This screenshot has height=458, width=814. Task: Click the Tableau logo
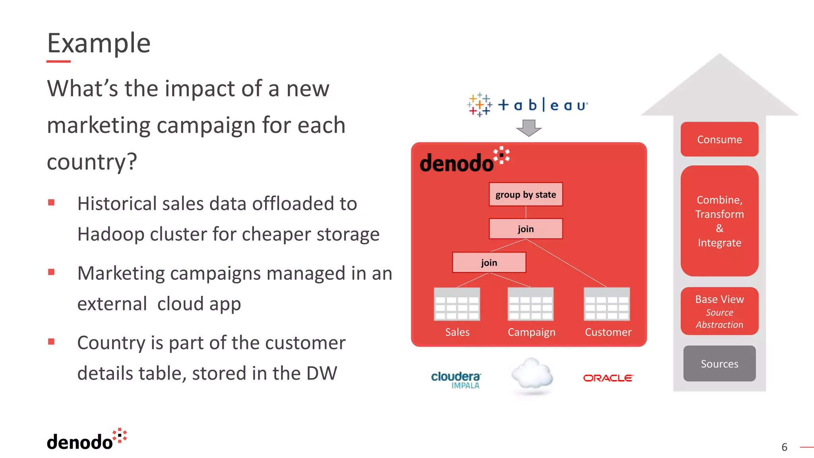(x=527, y=105)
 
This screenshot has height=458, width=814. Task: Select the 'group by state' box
(x=525, y=194)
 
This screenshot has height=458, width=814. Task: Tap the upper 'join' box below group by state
(x=525, y=229)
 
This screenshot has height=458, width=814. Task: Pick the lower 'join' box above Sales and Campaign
(x=489, y=262)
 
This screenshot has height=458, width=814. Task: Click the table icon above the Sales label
(x=457, y=304)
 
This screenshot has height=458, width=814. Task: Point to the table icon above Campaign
(x=531, y=304)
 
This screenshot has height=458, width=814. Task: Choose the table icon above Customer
(x=607, y=304)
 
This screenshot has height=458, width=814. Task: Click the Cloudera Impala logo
(x=456, y=380)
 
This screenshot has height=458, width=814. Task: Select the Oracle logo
(x=608, y=378)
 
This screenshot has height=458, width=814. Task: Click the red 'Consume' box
(x=719, y=139)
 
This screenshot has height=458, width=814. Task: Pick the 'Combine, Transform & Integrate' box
(x=719, y=221)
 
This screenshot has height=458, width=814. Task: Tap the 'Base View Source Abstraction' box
(x=719, y=311)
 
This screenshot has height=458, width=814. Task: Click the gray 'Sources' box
(x=719, y=363)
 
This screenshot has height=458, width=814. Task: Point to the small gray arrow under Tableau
(x=529, y=128)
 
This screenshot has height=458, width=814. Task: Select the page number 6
(x=784, y=447)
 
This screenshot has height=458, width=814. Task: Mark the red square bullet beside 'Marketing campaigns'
(x=51, y=272)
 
